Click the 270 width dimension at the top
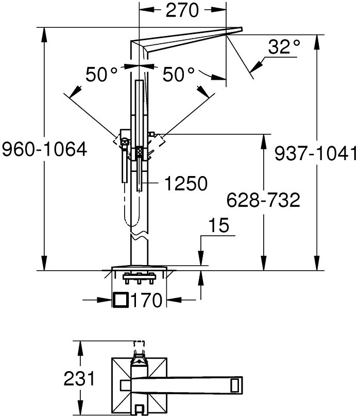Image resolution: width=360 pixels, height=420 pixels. click(x=182, y=10)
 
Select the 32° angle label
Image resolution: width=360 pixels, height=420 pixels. click(x=284, y=47)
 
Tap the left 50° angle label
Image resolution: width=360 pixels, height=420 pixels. click(x=101, y=74)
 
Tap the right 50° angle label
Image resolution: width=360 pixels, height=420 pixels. click(x=179, y=74)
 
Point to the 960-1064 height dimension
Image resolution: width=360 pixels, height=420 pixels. click(x=44, y=149)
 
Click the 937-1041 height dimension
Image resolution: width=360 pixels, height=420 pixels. click(x=316, y=153)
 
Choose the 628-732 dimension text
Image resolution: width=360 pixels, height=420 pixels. click(x=263, y=200)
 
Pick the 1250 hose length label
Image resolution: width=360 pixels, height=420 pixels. click(x=186, y=183)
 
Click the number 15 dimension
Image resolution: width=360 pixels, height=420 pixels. click(x=219, y=225)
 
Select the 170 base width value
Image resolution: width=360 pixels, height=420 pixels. click(x=147, y=300)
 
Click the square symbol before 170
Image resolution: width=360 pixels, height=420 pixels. click(x=121, y=300)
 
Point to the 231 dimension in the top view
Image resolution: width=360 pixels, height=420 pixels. click(x=79, y=378)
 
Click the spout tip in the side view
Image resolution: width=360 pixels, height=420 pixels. click(x=241, y=29)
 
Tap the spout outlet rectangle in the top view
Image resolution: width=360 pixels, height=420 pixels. click(x=235, y=386)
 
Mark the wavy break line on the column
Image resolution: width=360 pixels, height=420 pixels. click(x=139, y=237)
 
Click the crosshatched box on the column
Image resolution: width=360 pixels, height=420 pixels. click(x=139, y=152)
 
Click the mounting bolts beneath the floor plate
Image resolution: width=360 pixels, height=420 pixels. click(x=139, y=278)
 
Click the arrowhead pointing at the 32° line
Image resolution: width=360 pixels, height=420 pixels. click(x=256, y=66)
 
